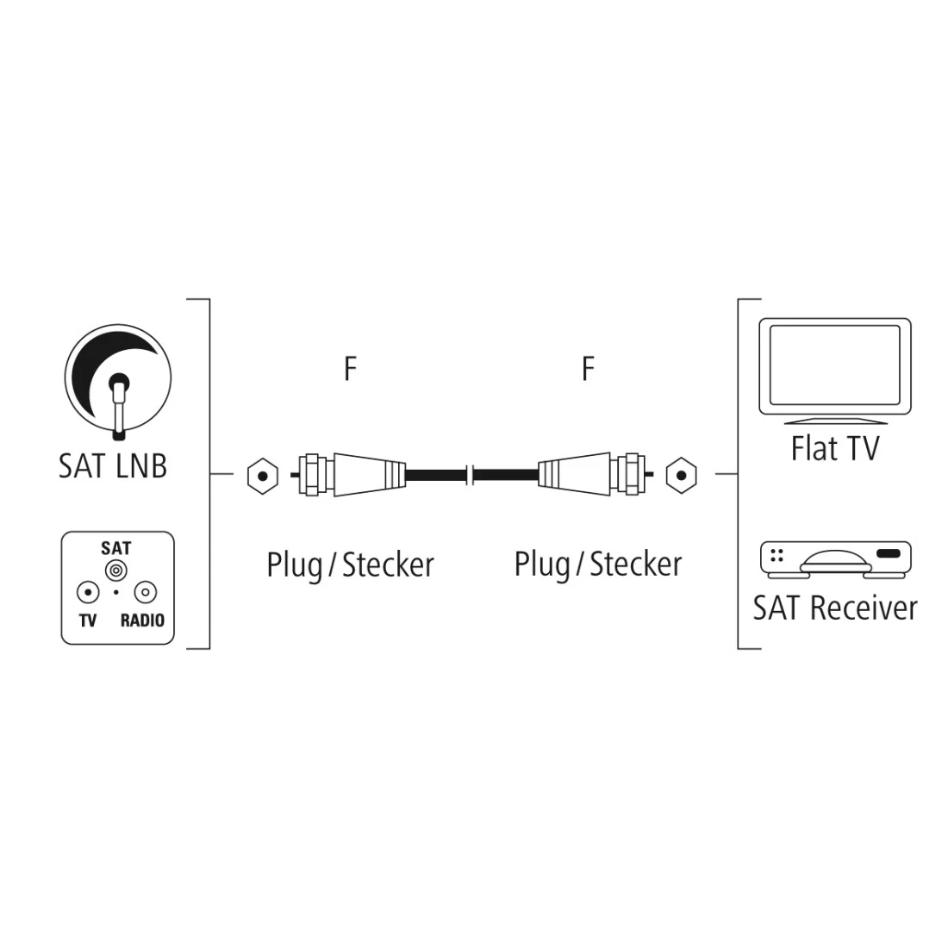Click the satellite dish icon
(x=117, y=380)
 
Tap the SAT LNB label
(x=112, y=466)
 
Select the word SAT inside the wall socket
(x=115, y=548)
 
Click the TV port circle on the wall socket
(x=87, y=593)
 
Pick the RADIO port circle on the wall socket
(x=145, y=593)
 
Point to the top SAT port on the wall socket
(x=115, y=570)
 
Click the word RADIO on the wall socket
(x=142, y=620)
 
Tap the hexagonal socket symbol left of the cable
(x=262, y=475)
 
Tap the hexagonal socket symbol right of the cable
(x=681, y=474)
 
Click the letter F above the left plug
(x=349, y=369)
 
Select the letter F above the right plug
(x=588, y=369)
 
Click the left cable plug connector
(x=349, y=474)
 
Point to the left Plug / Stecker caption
(x=350, y=565)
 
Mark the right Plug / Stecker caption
(x=597, y=564)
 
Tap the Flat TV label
(x=834, y=448)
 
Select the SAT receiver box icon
(x=834, y=558)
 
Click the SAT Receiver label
(x=834, y=608)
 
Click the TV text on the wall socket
(x=87, y=620)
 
